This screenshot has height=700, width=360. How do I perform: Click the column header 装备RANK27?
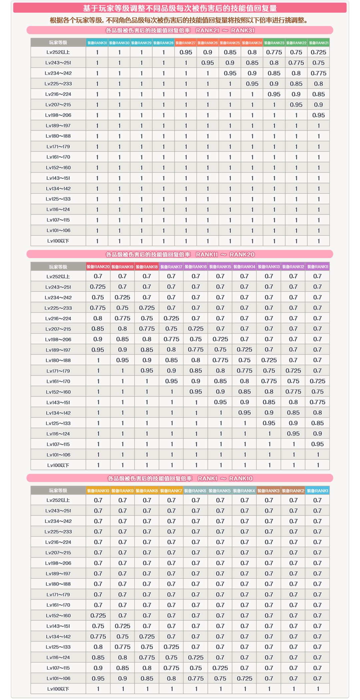click(186, 43)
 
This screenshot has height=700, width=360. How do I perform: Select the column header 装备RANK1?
click(317, 491)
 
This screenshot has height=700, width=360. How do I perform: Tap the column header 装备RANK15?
click(220, 267)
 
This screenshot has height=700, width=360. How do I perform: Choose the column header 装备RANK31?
click(97, 43)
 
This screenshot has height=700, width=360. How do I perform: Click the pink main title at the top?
click(180, 8)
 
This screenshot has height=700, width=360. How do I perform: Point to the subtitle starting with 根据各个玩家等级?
click(179, 20)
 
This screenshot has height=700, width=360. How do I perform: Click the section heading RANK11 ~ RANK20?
click(180, 254)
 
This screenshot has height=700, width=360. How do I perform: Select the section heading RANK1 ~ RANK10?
click(180, 478)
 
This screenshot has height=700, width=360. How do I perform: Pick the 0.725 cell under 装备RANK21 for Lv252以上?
click(318, 52)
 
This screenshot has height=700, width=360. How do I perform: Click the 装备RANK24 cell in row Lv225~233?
click(252, 84)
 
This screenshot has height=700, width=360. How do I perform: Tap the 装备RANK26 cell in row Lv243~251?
click(208, 63)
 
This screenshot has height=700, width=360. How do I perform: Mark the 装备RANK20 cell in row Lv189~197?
click(98, 350)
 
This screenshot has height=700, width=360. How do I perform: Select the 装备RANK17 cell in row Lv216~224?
click(171, 318)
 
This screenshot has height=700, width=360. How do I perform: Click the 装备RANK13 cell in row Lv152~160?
click(269, 392)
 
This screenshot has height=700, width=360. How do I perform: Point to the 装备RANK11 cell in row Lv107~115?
click(317, 444)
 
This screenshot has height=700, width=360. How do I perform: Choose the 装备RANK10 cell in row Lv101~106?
click(98, 678)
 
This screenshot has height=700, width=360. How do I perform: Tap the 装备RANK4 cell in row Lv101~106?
click(245, 678)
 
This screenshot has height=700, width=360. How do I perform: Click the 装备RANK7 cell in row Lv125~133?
click(171, 647)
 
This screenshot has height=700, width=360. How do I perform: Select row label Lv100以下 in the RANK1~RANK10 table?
click(58, 689)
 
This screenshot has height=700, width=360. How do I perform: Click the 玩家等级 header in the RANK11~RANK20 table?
click(58, 267)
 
